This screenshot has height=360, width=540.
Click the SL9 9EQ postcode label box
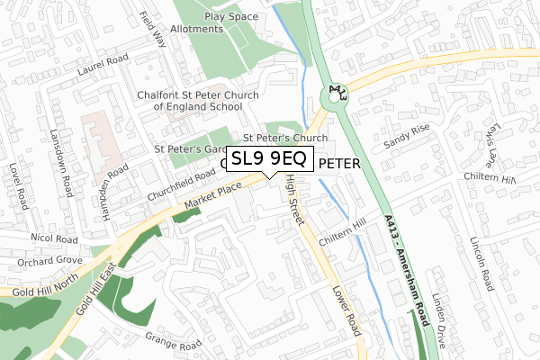click(x=269, y=159)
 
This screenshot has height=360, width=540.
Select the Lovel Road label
click(x=15, y=185)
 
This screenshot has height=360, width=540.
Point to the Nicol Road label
click(x=51, y=240)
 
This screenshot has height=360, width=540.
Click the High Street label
click(x=292, y=201)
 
